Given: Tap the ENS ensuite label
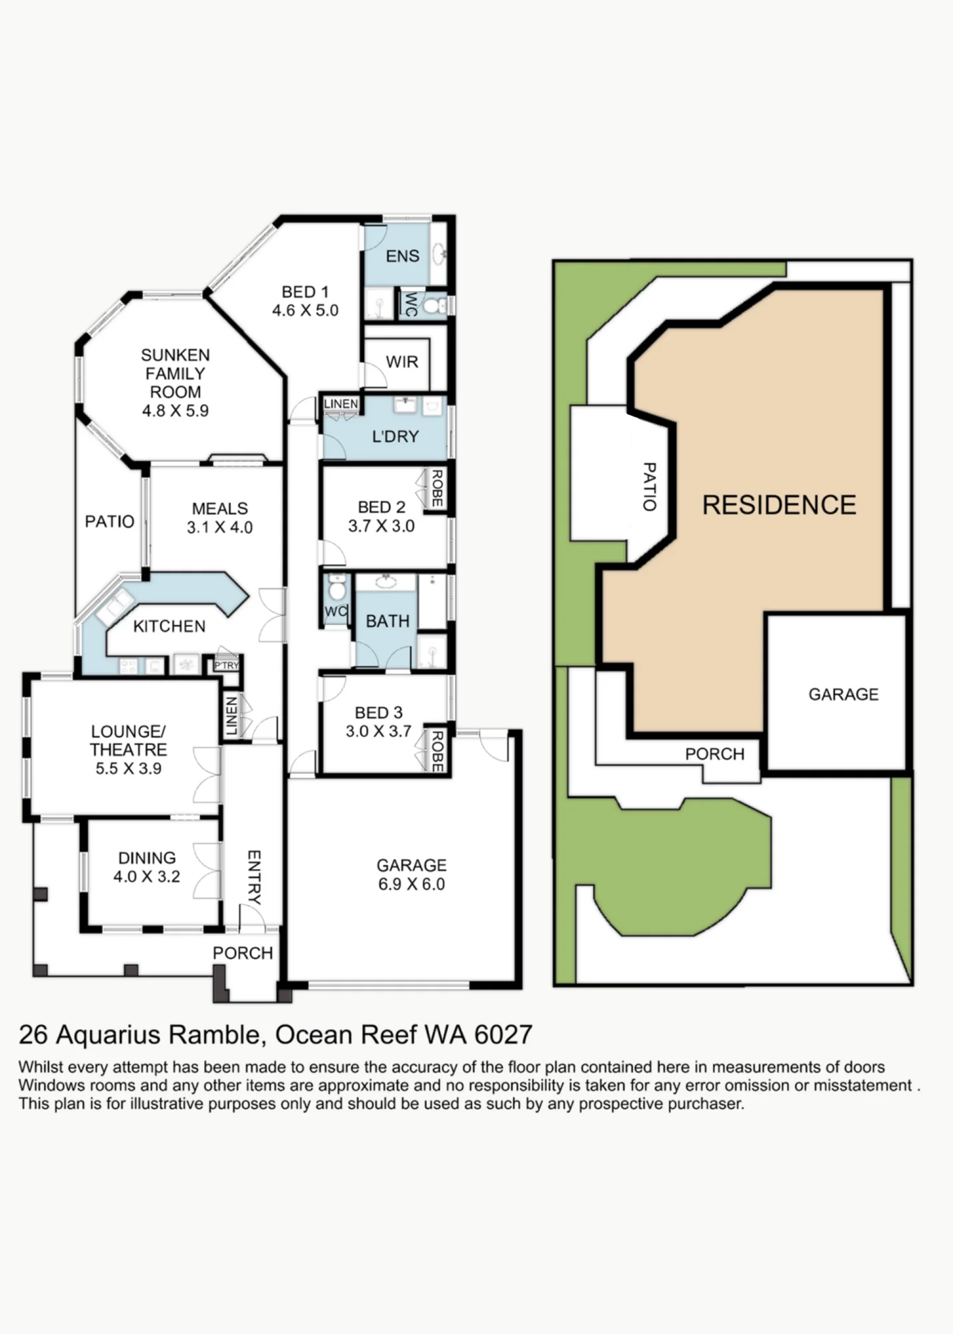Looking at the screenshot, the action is (x=402, y=256).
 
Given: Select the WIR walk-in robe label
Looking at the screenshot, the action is (x=402, y=362).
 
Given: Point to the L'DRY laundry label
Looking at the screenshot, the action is (x=395, y=437).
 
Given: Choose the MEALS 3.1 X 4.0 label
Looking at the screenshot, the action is (x=219, y=518).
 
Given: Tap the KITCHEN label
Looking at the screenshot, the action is (x=169, y=626).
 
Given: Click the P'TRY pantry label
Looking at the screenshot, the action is (x=227, y=666).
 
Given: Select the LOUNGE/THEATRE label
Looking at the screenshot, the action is (x=129, y=740).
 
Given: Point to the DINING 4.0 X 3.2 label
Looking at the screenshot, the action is (x=147, y=867).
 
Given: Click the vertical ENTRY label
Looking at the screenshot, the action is (x=254, y=877).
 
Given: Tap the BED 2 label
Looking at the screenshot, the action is (x=381, y=508).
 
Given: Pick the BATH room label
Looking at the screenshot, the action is (x=387, y=622).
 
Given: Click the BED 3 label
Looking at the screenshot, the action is (x=378, y=713).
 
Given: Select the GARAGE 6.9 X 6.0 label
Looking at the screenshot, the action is (x=411, y=874).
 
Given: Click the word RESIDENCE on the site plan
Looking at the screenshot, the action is (x=779, y=505).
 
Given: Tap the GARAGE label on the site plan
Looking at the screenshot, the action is (x=844, y=694).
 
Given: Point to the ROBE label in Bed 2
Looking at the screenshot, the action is (x=437, y=488).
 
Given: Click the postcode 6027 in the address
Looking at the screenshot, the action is (x=504, y=1035).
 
